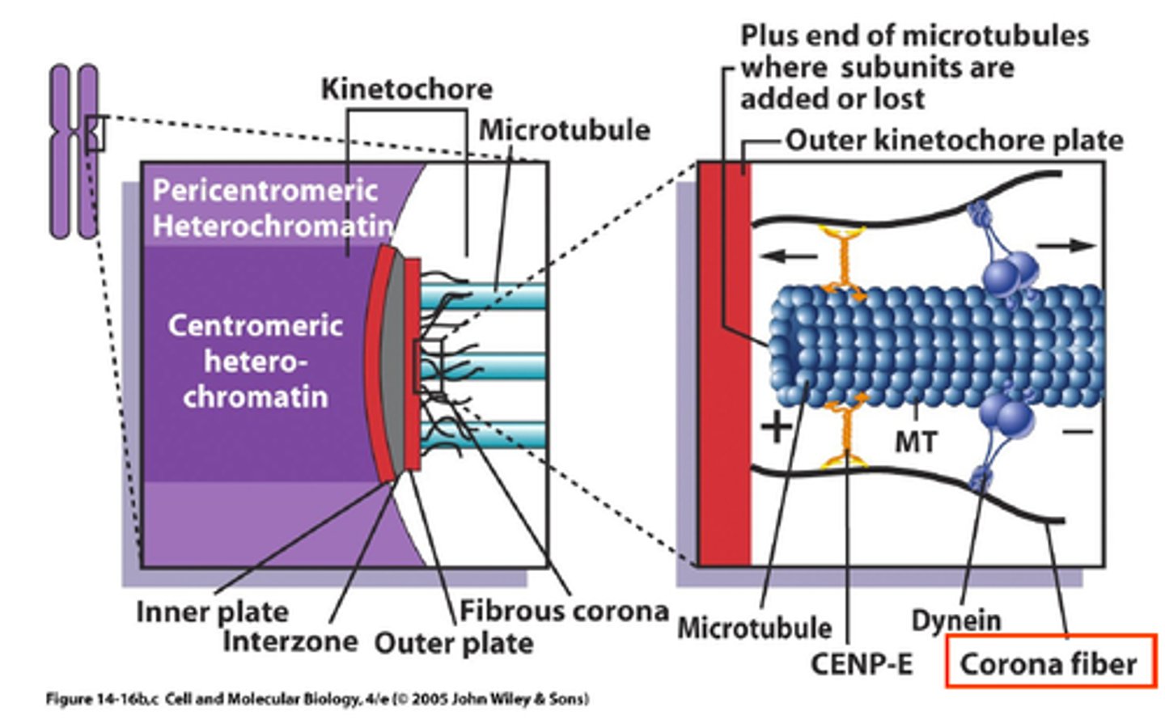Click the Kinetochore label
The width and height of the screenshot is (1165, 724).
tap(406, 89)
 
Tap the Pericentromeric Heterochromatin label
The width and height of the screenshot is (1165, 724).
tap(267, 208)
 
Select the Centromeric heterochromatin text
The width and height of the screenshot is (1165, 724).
tap(255, 361)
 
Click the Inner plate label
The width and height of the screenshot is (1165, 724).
tap(212, 612)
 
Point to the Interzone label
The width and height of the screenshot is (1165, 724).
tap(290, 641)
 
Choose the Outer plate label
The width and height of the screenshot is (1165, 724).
tap(453, 644)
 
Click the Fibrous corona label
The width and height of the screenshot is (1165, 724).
tap(564, 611)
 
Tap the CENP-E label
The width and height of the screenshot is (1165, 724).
tap(862, 665)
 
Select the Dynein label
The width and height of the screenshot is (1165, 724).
tap(955, 621)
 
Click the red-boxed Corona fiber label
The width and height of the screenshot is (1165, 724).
tap(1048, 664)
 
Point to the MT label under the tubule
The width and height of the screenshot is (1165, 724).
tap(916, 442)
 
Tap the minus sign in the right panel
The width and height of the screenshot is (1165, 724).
tap(1078, 431)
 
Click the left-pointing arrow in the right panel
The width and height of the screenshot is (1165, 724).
tap(789, 256)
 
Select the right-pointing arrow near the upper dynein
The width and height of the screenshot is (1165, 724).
tap(1066, 244)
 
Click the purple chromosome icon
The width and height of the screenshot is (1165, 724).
tap(74, 152)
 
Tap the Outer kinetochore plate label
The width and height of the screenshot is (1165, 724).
tap(954, 141)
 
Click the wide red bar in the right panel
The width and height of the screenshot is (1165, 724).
tap(726, 364)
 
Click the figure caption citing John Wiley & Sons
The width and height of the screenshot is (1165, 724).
tap(317, 699)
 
